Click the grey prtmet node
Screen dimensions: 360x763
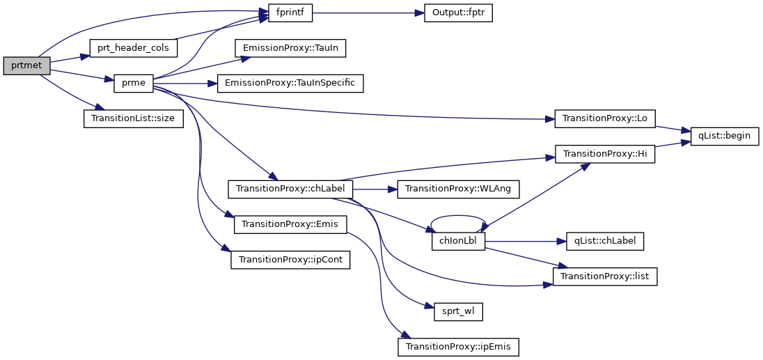[x=26, y=66]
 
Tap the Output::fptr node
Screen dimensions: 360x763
[x=458, y=13]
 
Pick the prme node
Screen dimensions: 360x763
[x=133, y=83]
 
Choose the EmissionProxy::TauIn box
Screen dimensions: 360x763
[x=290, y=48]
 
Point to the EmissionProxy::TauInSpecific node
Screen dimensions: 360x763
[x=290, y=83]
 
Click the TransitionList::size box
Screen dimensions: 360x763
[x=133, y=118]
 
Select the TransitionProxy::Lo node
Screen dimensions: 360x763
[x=605, y=118]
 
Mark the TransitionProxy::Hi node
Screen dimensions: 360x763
[x=605, y=153]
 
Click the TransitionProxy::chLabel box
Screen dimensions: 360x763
[x=291, y=188]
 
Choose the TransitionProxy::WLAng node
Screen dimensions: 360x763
[x=458, y=188]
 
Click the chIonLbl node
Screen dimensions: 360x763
[x=458, y=241]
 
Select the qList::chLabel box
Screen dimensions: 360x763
[x=605, y=241]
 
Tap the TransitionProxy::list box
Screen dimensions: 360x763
[x=605, y=276]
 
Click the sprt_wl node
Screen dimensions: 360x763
[x=458, y=311]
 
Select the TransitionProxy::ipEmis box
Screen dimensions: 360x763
[x=458, y=346]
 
